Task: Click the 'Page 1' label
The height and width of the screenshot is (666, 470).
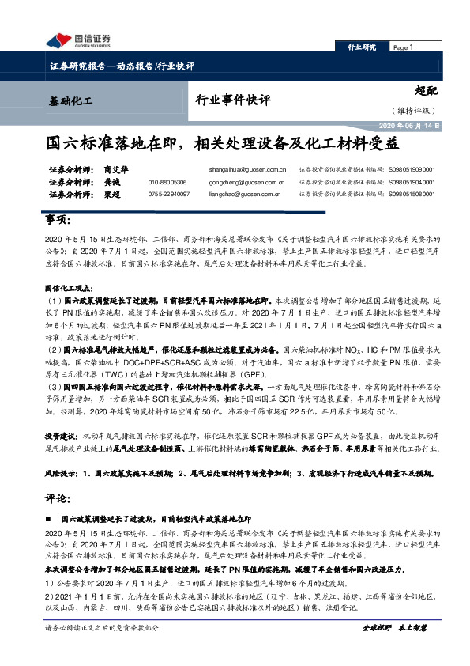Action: [404, 48]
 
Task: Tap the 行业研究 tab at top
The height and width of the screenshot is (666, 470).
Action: [362, 48]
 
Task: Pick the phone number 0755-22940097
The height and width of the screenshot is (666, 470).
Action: [168, 194]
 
